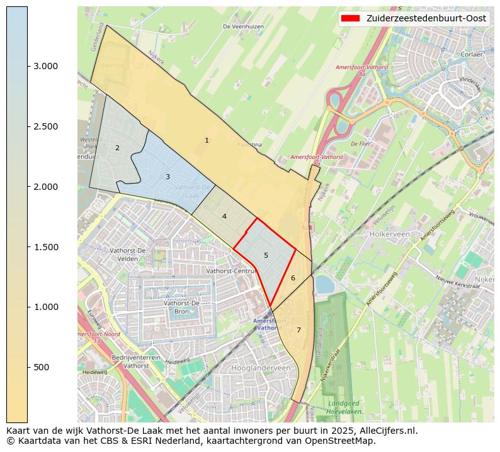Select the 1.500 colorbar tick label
click(x=45, y=247)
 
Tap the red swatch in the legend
click(x=350, y=19)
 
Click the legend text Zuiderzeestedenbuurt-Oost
click(x=426, y=19)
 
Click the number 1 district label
click(x=207, y=140)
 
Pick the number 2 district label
click(x=117, y=148)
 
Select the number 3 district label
click(x=168, y=177)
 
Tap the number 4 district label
click(x=224, y=216)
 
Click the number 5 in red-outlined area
click(x=266, y=255)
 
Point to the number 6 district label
click(x=293, y=278)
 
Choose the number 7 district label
click(x=298, y=330)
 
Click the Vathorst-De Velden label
click(x=128, y=255)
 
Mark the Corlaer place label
click(x=471, y=55)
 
